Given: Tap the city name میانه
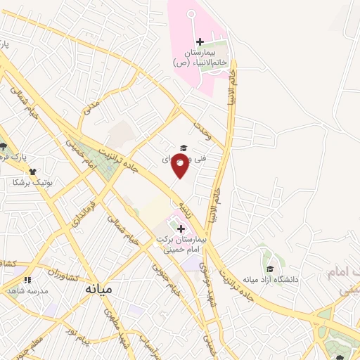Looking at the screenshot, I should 99,288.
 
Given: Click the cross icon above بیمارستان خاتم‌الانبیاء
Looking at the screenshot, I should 200,42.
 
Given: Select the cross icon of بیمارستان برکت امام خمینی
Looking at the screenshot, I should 181,229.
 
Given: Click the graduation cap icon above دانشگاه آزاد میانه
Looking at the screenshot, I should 270,269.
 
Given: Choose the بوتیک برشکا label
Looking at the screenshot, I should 26,181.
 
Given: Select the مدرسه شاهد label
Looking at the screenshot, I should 26,290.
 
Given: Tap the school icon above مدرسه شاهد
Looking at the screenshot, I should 27,280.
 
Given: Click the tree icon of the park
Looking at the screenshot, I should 4,146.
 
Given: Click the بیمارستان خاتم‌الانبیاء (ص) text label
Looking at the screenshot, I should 198,58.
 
